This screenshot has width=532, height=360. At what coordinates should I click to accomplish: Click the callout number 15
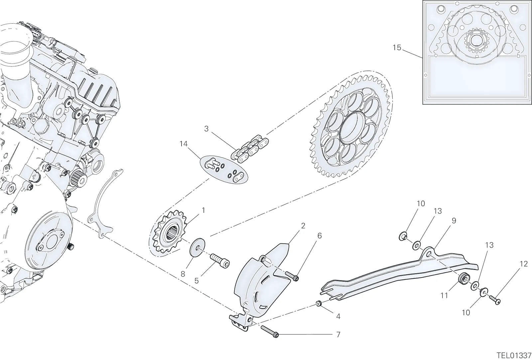[x=397, y=48]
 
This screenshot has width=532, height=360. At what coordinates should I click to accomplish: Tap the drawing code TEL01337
[x=514, y=355]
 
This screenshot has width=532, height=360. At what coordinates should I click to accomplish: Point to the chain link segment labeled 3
[x=250, y=149]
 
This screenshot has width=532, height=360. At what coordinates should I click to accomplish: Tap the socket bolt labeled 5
[x=220, y=261]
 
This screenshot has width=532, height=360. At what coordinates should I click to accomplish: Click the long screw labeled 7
[x=270, y=331]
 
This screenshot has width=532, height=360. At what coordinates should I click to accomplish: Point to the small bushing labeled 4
[x=319, y=303]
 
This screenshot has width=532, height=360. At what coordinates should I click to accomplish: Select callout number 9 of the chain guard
[x=454, y=221]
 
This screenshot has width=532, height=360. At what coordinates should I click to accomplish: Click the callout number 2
[x=303, y=226]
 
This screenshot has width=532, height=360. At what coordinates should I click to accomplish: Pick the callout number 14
[x=183, y=144]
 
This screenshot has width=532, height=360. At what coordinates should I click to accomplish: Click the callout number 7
[x=338, y=335]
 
